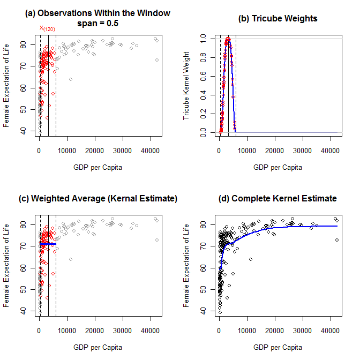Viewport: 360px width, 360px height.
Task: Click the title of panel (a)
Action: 97,13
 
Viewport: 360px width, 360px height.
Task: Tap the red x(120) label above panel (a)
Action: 47,28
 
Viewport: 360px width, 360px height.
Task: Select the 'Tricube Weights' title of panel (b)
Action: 277,18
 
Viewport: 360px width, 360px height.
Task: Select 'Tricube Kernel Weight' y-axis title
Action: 187,85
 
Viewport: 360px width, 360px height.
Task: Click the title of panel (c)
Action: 97,198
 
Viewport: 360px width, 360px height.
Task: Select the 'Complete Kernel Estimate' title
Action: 277,198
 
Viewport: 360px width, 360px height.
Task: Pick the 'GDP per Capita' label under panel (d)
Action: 277,347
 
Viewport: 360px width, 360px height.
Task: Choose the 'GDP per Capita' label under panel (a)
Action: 97,167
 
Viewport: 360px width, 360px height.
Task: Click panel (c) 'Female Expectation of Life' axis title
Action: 7,266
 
